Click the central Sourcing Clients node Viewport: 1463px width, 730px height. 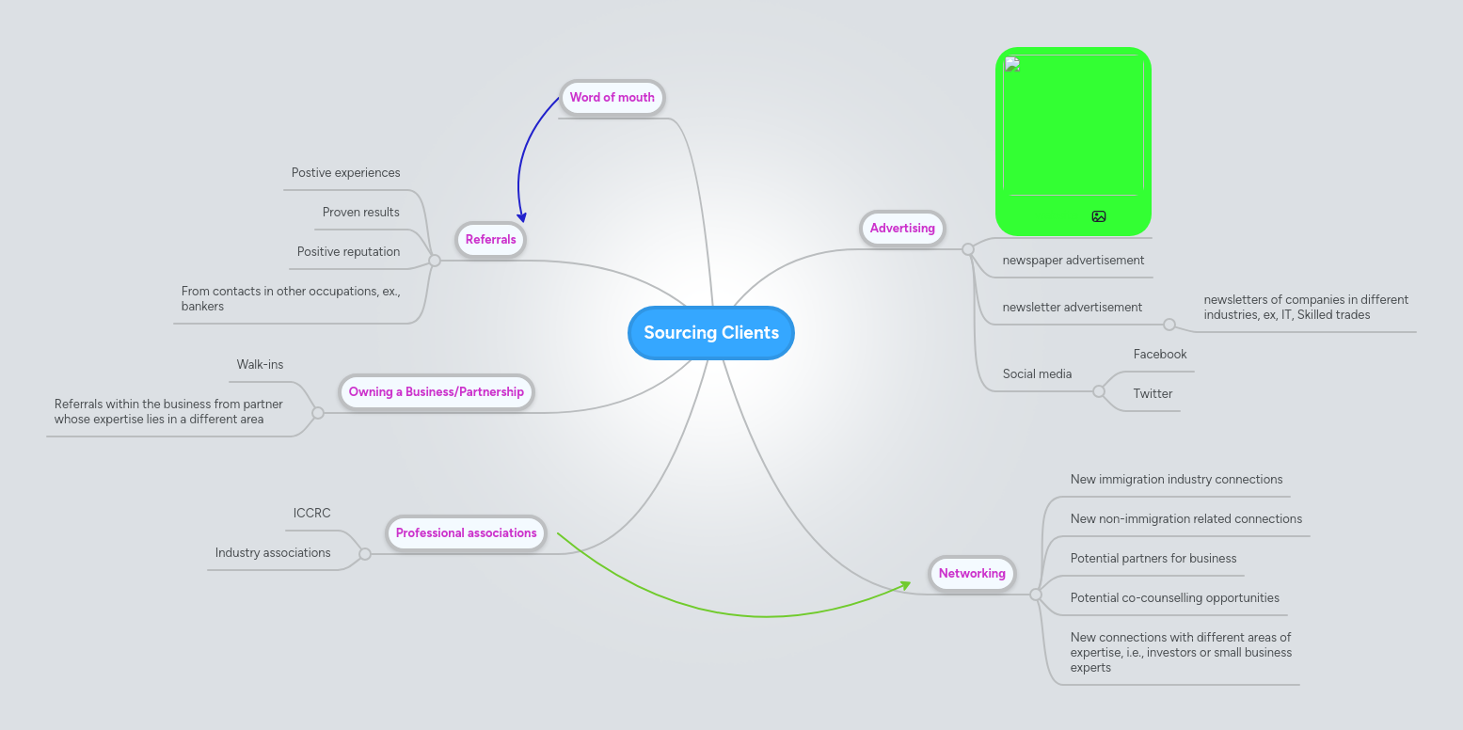711,333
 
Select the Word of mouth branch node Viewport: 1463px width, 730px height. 612,97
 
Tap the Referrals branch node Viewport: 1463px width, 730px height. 490,239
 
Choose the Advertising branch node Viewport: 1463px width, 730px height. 902,228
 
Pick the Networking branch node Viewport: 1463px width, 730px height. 972,573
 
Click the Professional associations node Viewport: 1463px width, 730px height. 466,532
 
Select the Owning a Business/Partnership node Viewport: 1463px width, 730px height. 436,391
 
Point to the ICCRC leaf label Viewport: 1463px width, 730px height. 311,513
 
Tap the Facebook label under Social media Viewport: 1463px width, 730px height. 1159,354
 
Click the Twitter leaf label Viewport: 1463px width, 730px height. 1153,393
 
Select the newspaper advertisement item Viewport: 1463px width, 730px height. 1073,260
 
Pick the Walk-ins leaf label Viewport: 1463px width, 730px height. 260,364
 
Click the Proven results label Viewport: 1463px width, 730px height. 360,212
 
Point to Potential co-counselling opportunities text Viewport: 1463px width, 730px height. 1174,597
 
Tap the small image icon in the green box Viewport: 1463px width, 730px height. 1098,216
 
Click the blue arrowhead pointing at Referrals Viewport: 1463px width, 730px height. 521,217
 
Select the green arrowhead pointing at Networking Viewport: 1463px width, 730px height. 905,585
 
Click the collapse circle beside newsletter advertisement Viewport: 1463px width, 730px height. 1169,325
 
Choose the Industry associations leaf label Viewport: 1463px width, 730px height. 273,552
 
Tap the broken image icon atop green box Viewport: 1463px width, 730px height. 1012,64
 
